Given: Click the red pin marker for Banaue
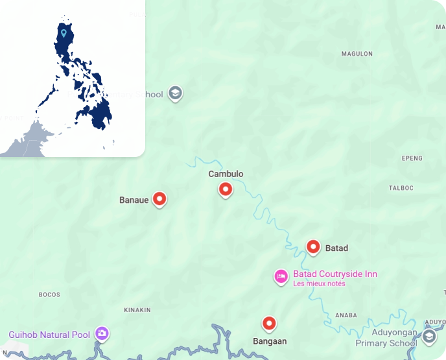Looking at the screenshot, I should tap(159, 199).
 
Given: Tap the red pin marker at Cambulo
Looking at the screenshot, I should tap(226, 189).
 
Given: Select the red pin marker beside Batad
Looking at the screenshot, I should tap(313, 247).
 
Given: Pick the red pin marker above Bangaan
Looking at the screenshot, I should tap(268, 323).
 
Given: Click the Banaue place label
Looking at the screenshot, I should tap(134, 200).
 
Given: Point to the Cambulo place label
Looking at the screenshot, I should tap(226, 174).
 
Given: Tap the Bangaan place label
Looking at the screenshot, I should tap(269, 341).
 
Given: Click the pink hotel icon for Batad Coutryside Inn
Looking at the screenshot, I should tap(281, 276).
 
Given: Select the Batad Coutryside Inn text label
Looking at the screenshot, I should tap(334, 274).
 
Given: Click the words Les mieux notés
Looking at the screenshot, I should tap(319, 283).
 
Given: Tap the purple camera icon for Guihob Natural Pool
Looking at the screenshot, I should tap(102, 334).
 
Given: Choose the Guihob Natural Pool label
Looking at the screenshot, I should tap(49, 335).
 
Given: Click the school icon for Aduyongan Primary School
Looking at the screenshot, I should tap(429, 337).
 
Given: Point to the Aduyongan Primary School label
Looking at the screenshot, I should tap(386, 337).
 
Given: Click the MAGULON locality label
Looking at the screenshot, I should tap(357, 54).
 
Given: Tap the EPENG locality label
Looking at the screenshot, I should tap(412, 158).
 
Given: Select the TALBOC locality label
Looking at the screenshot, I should tap(401, 188).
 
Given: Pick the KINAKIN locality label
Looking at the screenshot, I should tap(137, 310).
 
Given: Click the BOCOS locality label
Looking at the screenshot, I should tap(49, 294).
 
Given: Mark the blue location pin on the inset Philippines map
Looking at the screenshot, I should tap(64, 32).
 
